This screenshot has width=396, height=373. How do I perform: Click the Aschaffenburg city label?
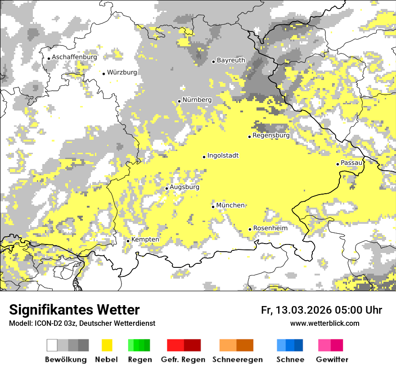click(74, 58)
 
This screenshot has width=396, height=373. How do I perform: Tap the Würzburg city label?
click(122, 72)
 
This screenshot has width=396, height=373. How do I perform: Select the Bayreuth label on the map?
click(231, 60)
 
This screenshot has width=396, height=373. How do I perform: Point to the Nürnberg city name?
click(197, 100)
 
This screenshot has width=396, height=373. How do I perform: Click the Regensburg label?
click(271, 135)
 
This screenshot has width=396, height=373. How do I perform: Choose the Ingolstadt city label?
click(223, 155)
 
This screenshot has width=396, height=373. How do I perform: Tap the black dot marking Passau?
click(337, 164)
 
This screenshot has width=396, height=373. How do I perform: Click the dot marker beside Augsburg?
click(167, 188)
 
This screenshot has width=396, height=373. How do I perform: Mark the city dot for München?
click(213, 207)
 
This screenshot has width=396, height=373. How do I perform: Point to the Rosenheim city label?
click(270, 228)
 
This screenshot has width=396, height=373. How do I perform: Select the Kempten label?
click(145, 240)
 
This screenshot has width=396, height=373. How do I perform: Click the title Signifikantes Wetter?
click(74, 310)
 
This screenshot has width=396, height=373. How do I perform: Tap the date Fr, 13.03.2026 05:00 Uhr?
click(321, 311)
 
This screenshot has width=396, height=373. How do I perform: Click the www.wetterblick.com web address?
click(324, 324)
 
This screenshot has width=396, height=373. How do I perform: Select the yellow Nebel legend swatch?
click(107, 345)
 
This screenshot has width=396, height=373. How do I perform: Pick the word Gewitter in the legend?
click(332, 360)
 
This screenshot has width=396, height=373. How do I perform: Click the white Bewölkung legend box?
click(52, 345)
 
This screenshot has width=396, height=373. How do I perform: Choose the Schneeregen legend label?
click(237, 360)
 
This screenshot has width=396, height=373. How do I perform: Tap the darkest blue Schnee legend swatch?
click(298, 345)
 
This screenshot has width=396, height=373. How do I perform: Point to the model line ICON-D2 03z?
click(82, 324)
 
